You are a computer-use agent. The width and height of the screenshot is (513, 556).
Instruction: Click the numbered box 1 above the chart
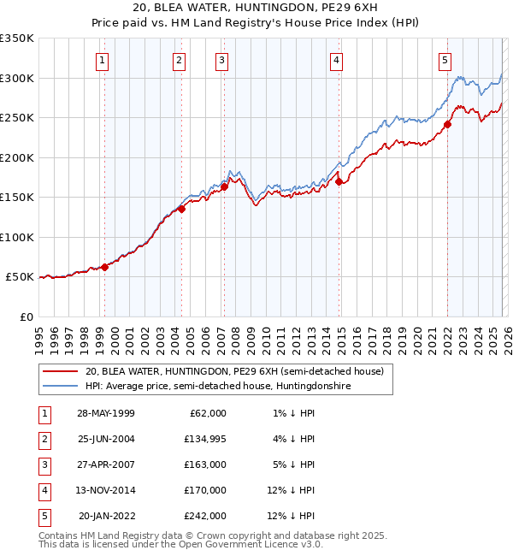(x=102, y=60)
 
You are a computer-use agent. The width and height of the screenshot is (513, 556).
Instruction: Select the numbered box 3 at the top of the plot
(x=221, y=60)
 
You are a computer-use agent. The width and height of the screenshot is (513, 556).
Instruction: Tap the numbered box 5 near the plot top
(x=445, y=60)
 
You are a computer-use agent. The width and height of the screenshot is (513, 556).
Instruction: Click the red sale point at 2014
(x=339, y=181)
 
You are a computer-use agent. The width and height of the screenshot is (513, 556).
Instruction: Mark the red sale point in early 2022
(x=447, y=124)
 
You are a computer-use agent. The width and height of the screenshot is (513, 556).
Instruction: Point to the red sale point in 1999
(x=105, y=267)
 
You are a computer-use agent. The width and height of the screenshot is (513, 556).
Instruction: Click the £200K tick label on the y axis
(x=16, y=157)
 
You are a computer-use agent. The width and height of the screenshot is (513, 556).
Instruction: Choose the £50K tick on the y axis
(x=20, y=277)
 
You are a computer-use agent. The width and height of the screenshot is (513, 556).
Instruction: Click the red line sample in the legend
(x=62, y=372)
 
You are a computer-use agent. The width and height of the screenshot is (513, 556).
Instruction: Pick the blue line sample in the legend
(x=62, y=387)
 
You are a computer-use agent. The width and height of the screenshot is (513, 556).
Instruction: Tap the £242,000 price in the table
(x=205, y=516)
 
